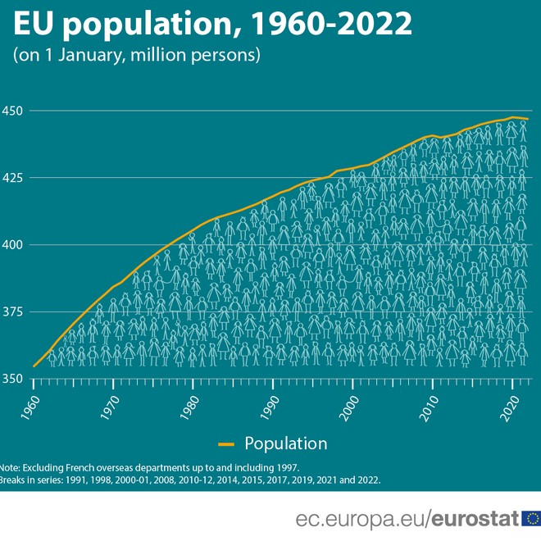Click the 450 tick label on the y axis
pos(15,111)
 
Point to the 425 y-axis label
pos(15,178)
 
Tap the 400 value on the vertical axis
pos(15,245)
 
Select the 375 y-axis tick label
pos(15,312)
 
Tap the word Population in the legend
pos(286,443)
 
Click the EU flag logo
pos(530,518)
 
